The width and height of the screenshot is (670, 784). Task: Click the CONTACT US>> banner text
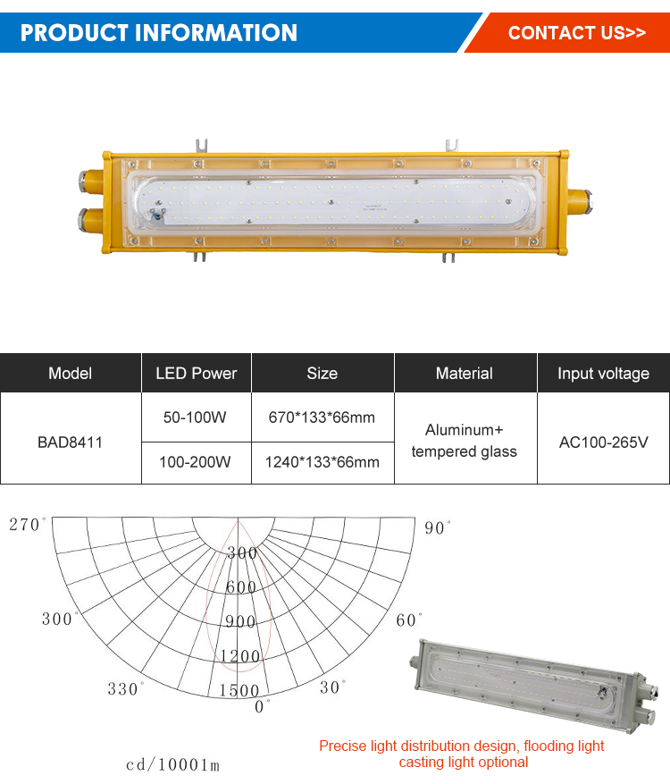[x=576, y=32]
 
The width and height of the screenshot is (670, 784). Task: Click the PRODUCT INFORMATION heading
[x=158, y=32]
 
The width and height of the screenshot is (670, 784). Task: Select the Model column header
[x=71, y=373]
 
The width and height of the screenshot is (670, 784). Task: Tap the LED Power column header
[x=197, y=373]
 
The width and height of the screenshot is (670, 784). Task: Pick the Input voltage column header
[x=604, y=373]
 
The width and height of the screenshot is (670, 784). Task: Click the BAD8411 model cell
[x=70, y=442]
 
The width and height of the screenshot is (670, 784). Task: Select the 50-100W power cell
[x=195, y=417]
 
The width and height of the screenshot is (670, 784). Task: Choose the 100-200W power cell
[x=195, y=462]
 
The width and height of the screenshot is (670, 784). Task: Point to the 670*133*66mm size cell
[x=322, y=417]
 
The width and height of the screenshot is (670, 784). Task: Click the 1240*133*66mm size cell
[x=322, y=462]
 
